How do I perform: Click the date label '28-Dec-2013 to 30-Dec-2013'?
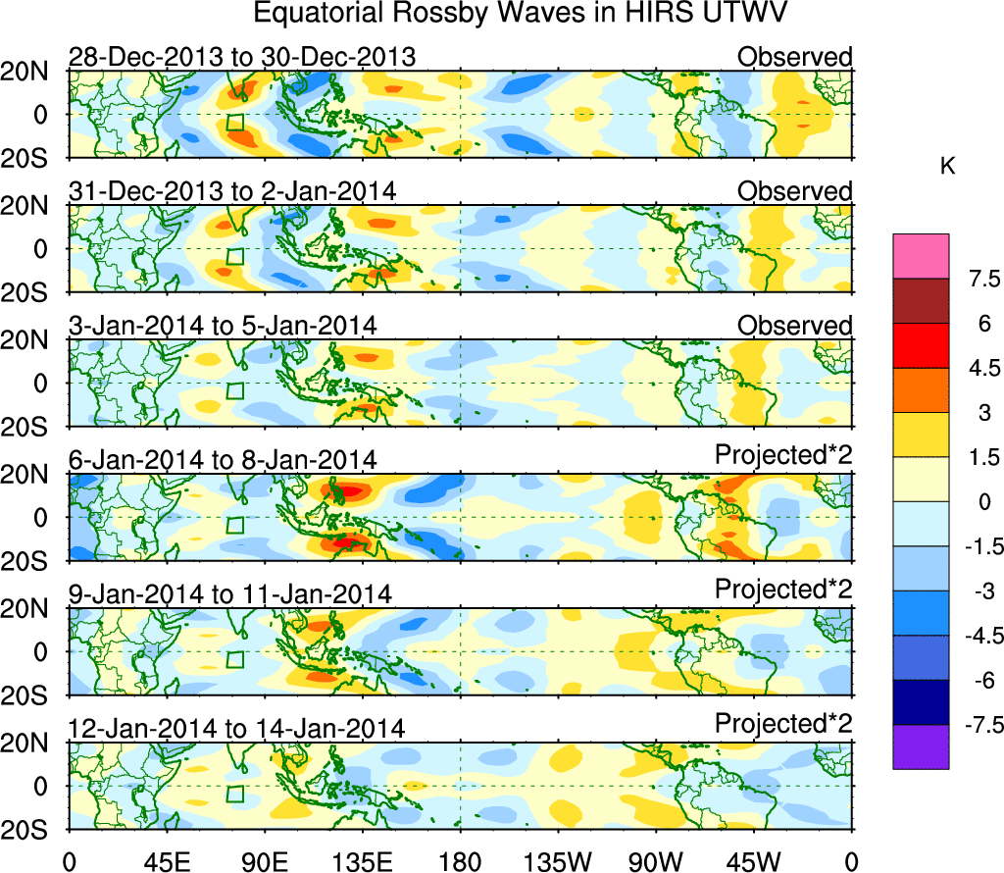tap(242, 57)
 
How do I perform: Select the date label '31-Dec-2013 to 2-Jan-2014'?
tap(232, 191)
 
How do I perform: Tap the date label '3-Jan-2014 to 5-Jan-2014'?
tap(223, 325)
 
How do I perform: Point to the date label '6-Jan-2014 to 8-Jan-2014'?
tap(223, 459)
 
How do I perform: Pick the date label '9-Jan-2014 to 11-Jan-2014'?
tap(230, 593)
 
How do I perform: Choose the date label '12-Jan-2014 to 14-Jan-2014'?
tap(236, 728)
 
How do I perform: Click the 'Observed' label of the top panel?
tap(794, 57)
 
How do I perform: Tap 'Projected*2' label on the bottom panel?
tap(783, 724)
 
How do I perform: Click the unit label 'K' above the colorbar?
tap(947, 167)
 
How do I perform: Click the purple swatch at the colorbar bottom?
tap(921, 746)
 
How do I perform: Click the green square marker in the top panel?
tap(235, 123)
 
